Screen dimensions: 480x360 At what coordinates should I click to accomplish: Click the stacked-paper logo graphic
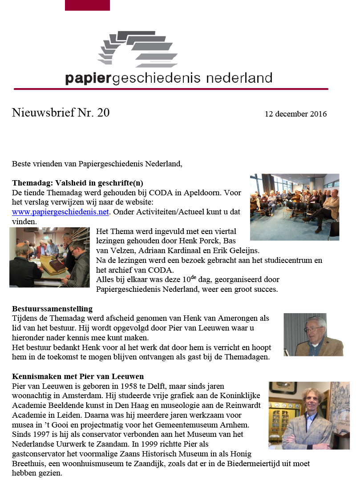click(x=138, y=48)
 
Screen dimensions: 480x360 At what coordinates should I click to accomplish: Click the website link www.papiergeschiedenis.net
click(x=61, y=212)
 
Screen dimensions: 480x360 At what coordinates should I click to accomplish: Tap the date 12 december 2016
click(x=295, y=114)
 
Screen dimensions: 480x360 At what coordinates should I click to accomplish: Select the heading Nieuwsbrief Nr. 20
click(x=61, y=113)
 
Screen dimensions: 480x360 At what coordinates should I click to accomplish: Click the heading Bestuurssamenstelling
click(x=52, y=309)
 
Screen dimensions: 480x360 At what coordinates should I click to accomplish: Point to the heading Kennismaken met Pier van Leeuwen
click(x=78, y=377)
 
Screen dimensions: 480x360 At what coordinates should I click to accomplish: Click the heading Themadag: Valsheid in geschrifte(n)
click(x=77, y=183)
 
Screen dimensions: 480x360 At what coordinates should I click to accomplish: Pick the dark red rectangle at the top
click(x=87, y=5)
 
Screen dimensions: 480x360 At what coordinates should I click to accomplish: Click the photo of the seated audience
click(x=294, y=207)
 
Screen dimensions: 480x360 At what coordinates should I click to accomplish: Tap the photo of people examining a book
click(x=49, y=258)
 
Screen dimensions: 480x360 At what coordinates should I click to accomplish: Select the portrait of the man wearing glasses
click(x=313, y=335)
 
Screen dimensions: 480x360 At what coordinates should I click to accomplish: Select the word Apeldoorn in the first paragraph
click(x=199, y=193)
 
